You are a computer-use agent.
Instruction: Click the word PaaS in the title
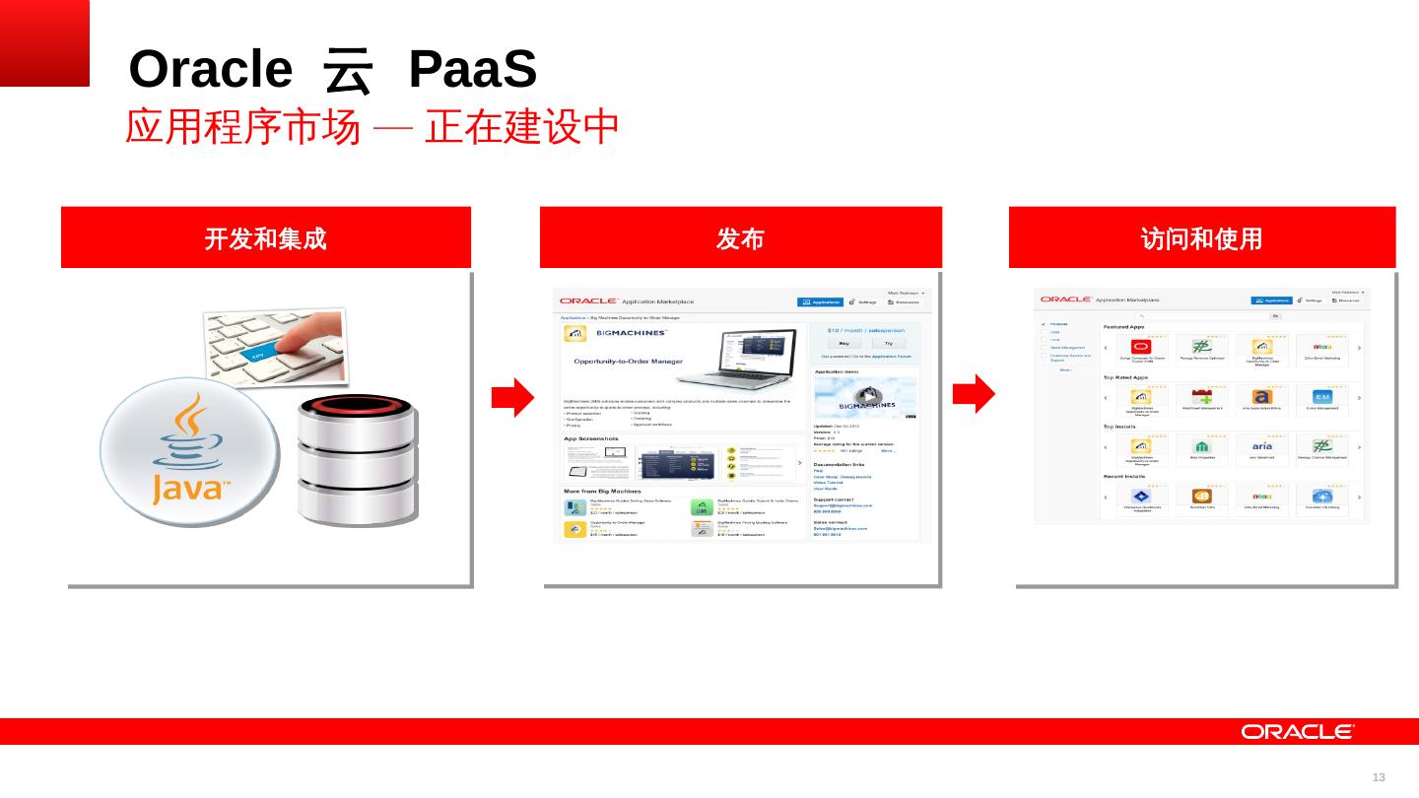(x=472, y=70)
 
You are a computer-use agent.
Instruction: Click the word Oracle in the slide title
(x=211, y=70)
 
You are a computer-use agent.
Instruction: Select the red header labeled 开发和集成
(x=266, y=237)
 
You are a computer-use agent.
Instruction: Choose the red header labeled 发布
(x=740, y=237)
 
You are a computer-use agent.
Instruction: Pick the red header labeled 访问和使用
(x=1201, y=237)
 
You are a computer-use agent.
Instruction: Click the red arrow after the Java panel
(x=512, y=396)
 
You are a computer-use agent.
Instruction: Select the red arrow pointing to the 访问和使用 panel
(x=974, y=394)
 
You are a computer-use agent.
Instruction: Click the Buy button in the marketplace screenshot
(x=844, y=343)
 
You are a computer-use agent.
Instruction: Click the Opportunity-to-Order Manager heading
(x=628, y=362)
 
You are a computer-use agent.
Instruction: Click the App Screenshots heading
(x=591, y=438)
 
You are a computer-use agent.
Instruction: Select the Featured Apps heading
(x=1123, y=327)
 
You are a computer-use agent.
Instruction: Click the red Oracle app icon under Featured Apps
(x=1141, y=347)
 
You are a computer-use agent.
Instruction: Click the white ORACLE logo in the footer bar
(x=1298, y=731)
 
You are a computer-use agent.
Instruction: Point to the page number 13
(x=1379, y=777)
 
